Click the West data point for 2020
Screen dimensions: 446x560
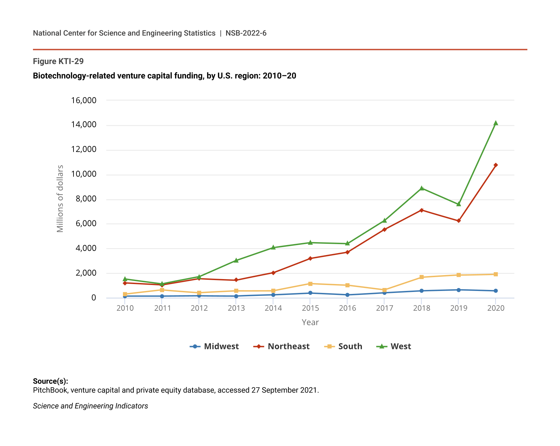click(495, 123)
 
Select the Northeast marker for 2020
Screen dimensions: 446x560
click(495, 165)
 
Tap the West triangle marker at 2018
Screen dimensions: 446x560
click(422, 188)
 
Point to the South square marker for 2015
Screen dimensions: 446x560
click(310, 284)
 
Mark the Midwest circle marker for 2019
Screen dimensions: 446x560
click(458, 290)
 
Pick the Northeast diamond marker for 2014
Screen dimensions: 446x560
click(273, 273)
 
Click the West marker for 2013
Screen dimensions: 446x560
click(236, 261)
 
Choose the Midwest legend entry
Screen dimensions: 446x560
click(214, 346)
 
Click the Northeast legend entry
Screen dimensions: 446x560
click(281, 346)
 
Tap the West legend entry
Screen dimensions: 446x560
click(394, 346)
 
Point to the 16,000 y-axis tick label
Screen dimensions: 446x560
click(84, 100)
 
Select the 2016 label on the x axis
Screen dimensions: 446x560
click(347, 308)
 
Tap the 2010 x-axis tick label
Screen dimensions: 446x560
click(125, 308)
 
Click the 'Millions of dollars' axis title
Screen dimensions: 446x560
click(60, 199)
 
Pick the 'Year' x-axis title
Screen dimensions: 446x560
click(310, 322)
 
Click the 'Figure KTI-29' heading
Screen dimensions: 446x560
click(58, 61)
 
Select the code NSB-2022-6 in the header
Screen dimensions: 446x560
click(246, 33)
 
